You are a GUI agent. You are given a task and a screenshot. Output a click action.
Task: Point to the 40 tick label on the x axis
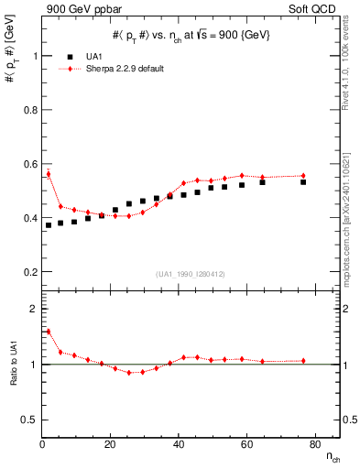coord(179,444)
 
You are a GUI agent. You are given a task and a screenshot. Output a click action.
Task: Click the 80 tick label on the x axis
coord(314,444)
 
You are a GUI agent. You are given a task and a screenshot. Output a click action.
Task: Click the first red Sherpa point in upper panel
coord(49,173)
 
